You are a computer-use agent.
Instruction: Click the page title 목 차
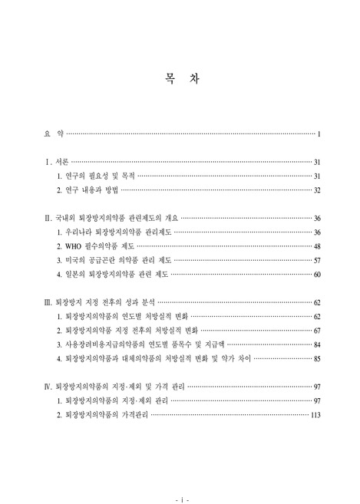(x=180, y=80)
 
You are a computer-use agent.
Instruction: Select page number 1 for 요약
(x=318, y=135)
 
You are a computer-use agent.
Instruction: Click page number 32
(x=316, y=191)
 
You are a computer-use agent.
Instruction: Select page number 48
(x=316, y=246)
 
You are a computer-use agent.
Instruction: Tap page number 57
(x=316, y=260)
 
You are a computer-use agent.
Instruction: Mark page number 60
(x=316, y=274)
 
